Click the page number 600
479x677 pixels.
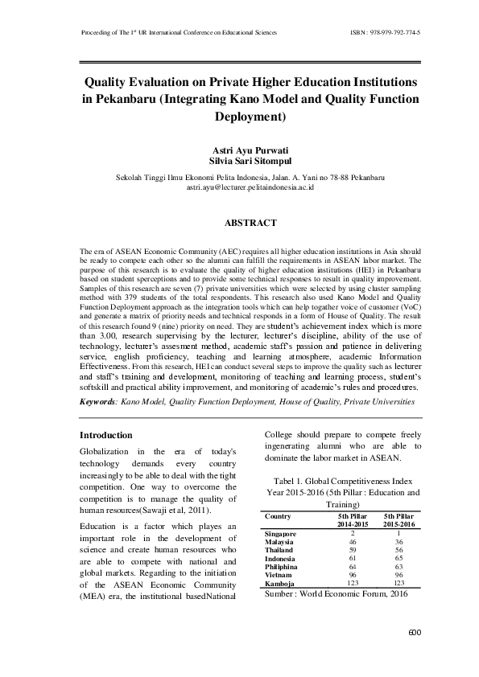[415, 632]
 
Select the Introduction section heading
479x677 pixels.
[106, 435]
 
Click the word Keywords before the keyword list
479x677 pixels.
[102, 400]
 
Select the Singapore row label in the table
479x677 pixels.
[280, 534]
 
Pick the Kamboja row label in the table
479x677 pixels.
[278, 582]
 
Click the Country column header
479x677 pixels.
[278, 515]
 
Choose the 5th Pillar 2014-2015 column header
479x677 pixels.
[353, 519]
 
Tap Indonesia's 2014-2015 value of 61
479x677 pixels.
[353, 558]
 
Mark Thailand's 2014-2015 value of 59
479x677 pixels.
[353, 551]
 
